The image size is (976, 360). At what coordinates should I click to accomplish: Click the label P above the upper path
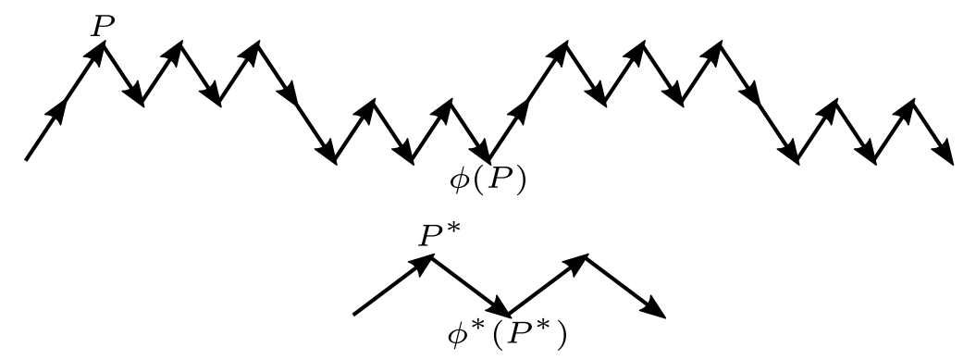[x=101, y=27]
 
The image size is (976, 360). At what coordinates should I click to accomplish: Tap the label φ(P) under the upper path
[x=487, y=179]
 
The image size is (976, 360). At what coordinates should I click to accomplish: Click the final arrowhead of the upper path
[x=945, y=155]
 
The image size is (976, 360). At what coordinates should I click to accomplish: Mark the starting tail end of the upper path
[x=26, y=159]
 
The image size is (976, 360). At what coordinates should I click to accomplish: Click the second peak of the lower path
[x=586, y=256]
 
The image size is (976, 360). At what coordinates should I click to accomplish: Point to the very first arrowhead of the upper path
[x=59, y=108]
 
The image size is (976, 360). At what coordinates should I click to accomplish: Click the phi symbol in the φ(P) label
[x=459, y=179]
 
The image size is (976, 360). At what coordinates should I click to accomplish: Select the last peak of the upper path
[x=913, y=101]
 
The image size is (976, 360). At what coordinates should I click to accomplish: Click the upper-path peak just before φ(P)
[x=451, y=101]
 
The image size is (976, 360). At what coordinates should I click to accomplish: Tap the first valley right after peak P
[x=142, y=102]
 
